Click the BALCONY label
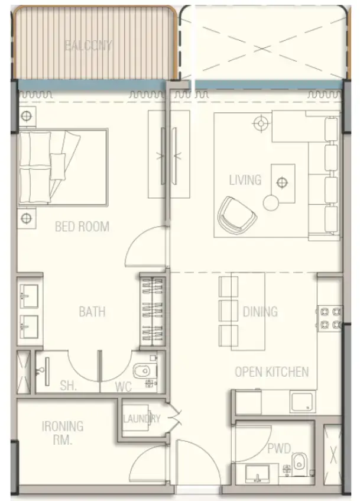tap(89, 45)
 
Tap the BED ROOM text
tap(82, 226)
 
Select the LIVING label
tap(245, 179)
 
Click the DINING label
tap(260, 311)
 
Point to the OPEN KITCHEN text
tap(271, 372)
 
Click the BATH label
tap(92, 311)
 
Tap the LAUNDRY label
tap(141, 419)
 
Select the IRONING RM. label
tap(63, 432)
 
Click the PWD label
tap(278, 449)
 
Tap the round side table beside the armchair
tap(271, 203)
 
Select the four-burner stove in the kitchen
tap(329, 317)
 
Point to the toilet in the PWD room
tap(300, 464)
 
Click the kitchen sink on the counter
tap(302, 402)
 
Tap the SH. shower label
tap(68, 386)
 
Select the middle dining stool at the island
tap(228, 310)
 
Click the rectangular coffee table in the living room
tap(283, 183)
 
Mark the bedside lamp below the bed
tap(26, 218)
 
